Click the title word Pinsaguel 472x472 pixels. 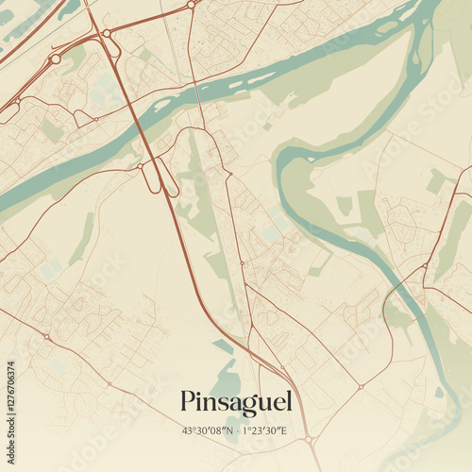tap(236, 402)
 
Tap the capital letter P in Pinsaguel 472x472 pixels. tap(188, 401)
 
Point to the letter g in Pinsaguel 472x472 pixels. tap(244, 405)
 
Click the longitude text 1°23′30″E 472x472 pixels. tap(264, 430)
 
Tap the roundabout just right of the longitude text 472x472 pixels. tap(308, 439)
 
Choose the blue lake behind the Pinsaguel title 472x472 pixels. tap(227, 382)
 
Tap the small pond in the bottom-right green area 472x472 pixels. tap(439, 392)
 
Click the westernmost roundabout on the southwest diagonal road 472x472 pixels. tap(45, 336)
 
